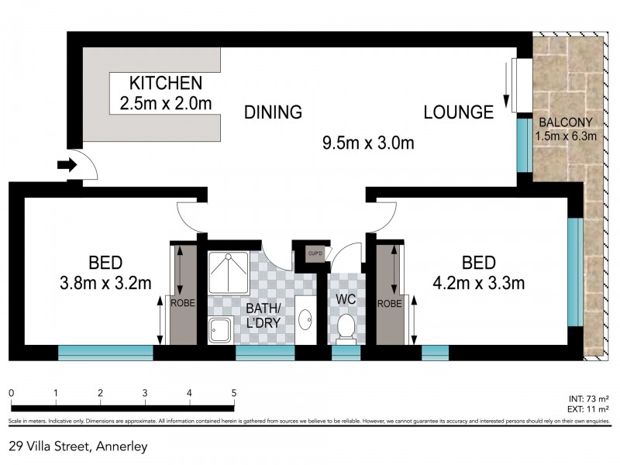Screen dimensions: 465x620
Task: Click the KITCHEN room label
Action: [x=165, y=83]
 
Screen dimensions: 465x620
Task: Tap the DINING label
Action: [x=272, y=112]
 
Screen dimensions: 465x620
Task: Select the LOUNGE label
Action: [x=458, y=112]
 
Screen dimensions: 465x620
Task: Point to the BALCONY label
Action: [x=567, y=122]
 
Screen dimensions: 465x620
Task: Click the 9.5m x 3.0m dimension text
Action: [x=368, y=143]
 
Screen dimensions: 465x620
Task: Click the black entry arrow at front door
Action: [x=67, y=164]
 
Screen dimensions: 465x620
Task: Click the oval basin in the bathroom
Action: [x=307, y=319]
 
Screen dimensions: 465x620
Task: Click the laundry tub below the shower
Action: [x=220, y=329]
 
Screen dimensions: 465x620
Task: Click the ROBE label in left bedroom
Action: [x=184, y=304]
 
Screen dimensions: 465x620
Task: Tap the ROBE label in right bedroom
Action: [x=390, y=304]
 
